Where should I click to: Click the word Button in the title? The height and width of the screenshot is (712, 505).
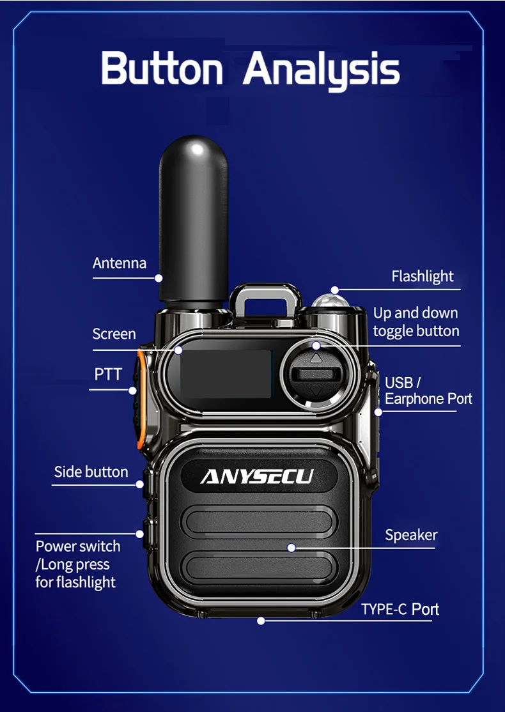click(x=162, y=68)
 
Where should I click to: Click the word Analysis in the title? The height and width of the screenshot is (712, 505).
click(x=322, y=70)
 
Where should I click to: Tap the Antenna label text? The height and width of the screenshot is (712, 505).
click(x=120, y=263)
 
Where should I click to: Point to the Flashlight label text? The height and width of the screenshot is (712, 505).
click(x=423, y=276)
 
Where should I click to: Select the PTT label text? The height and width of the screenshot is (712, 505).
click(x=108, y=374)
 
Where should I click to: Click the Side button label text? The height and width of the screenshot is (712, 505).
click(x=91, y=472)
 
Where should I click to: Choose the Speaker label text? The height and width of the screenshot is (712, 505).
click(x=411, y=535)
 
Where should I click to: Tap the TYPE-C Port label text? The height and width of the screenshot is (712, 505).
click(x=400, y=609)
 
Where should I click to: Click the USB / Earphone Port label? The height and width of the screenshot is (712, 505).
click(x=428, y=391)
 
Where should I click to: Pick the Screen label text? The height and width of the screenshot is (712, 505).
click(x=114, y=334)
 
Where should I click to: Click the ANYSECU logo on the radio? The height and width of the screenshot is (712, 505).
click(x=257, y=477)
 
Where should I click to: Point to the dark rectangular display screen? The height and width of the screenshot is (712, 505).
click(x=226, y=374)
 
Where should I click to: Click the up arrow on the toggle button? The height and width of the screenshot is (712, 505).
click(x=316, y=359)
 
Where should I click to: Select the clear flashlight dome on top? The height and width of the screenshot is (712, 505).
click(x=330, y=300)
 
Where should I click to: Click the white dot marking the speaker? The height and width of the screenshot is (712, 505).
click(x=291, y=548)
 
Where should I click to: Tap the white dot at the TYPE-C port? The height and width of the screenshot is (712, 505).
click(x=261, y=621)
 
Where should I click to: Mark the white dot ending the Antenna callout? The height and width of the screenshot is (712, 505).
click(x=159, y=278)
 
